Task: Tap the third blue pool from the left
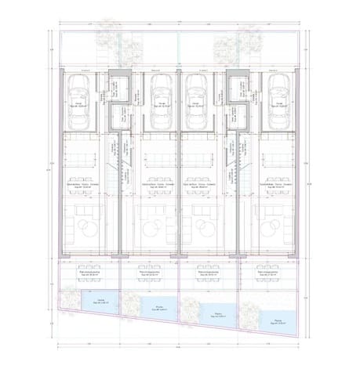pos(218,313)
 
